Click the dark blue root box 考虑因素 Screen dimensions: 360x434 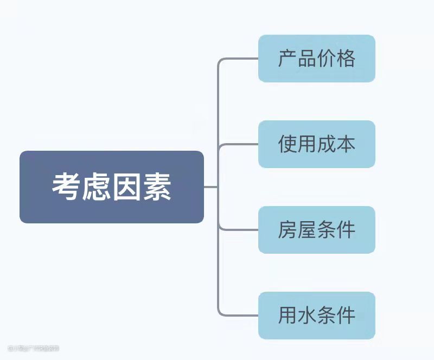click(x=111, y=187)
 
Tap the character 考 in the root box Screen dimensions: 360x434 click(x=67, y=188)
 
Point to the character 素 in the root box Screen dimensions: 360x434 click(x=157, y=188)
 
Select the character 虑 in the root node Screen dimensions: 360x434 click(x=97, y=188)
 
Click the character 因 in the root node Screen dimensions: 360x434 click(x=127, y=188)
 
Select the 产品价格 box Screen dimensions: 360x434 click(x=316, y=59)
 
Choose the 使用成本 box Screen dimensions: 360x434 click(x=316, y=144)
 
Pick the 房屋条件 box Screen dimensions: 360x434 click(x=316, y=230)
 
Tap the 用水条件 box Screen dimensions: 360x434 click(x=316, y=316)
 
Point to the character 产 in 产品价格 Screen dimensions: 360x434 click(x=288, y=59)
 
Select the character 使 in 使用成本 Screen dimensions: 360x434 click(x=288, y=144)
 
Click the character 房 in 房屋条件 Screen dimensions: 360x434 click(x=288, y=230)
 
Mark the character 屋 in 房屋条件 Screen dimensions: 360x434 click(x=307, y=230)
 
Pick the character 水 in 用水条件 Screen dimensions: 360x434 click(x=307, y=316)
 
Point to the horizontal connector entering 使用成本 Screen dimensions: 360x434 click(x=239, y=144)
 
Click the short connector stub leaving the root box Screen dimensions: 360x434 click(x=210, y=187)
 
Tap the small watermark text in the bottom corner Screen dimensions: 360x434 click(x=33, y=348)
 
